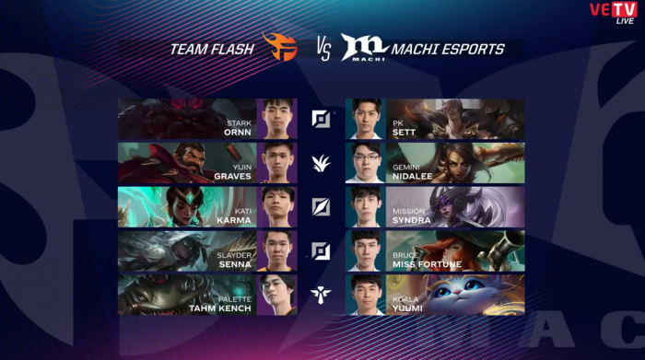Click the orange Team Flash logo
pos(280,47)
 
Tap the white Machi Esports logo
pos(364,47)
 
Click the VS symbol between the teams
pos(323,50)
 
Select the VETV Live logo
pos(614,13)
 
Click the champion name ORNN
pos(238,133)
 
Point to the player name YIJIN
pos(241,168)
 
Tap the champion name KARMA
pos(234,220)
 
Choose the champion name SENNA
pos(235,264)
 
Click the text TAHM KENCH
pos(220,308)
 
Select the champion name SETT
pos(404,133)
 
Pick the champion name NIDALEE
pos(413,176)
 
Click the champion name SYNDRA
pos(411,220)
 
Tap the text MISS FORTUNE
pos(427,264)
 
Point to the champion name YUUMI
pos(407,308)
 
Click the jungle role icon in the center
pos(321,163)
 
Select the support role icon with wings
pos(321,295)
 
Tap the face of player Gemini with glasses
pos(366,159)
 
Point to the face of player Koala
pos(366,292)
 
